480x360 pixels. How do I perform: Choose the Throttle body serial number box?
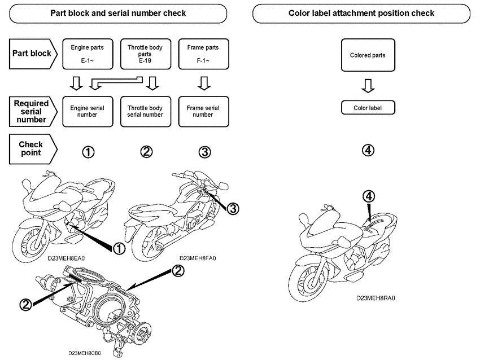click(x=145, y=111)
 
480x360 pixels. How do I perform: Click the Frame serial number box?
click(x=203, y=111)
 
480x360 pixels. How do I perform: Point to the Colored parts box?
click(x=368, y=55)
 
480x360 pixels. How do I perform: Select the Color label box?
click(x=368, y=108)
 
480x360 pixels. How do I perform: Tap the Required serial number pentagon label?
click(x=33, y=111)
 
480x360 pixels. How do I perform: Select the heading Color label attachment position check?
click(x=361, y=13)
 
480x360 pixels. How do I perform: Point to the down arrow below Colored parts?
click(x=368, y=85)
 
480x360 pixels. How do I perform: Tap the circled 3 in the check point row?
click(x=204, y=151)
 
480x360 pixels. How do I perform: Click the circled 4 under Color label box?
click(x=368, y=151)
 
